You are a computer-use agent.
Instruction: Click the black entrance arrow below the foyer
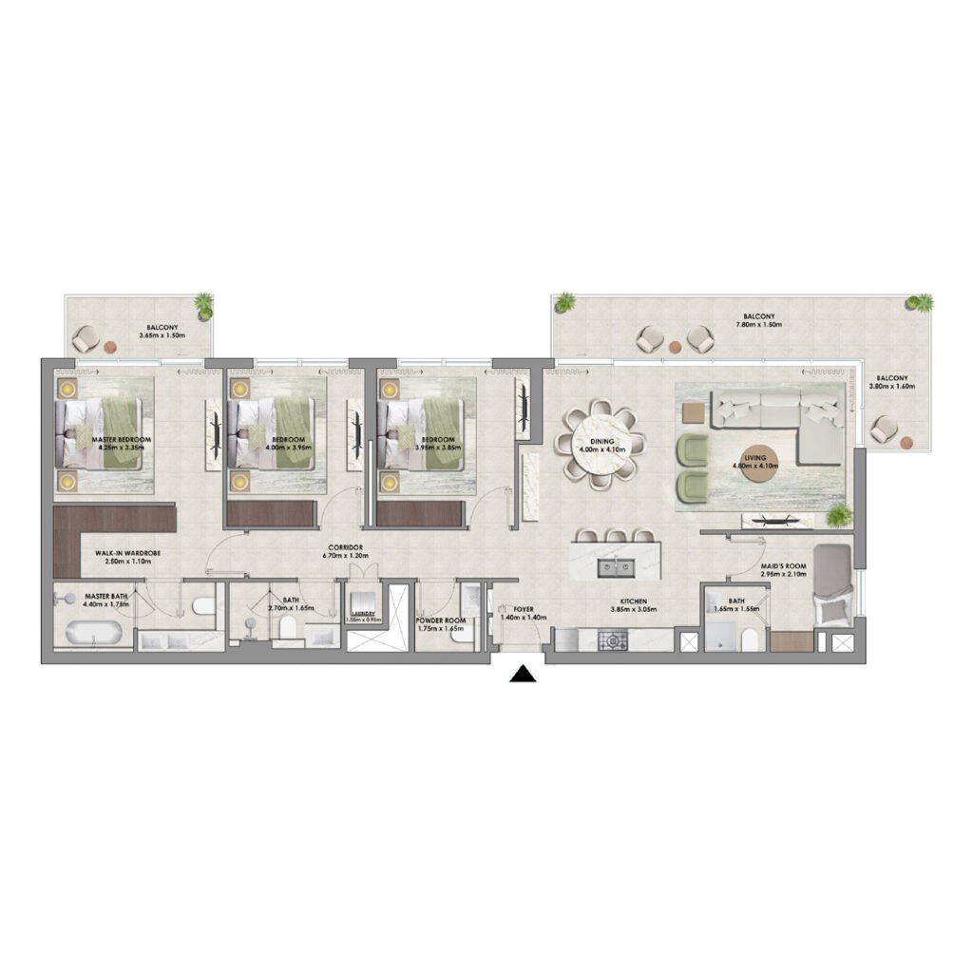[522, 675]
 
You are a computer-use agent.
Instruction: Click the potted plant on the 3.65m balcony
[202, 305]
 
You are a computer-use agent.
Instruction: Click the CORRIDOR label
[348, 549]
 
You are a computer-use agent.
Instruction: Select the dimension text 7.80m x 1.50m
[759, 326]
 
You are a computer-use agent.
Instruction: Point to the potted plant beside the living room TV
[838, 516]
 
